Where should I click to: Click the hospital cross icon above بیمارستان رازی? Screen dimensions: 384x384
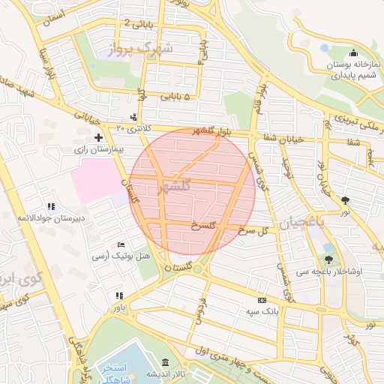coord(98,137)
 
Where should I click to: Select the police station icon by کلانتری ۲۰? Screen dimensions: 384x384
coord(133,117)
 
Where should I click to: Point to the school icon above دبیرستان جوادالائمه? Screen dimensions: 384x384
coord(51,206)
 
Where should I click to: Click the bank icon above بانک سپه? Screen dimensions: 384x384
coord(261,298)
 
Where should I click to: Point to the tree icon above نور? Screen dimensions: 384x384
coord(345,200)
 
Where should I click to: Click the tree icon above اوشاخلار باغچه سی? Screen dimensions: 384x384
coord(328,259)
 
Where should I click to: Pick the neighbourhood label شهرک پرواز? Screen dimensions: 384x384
coord(140,49)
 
